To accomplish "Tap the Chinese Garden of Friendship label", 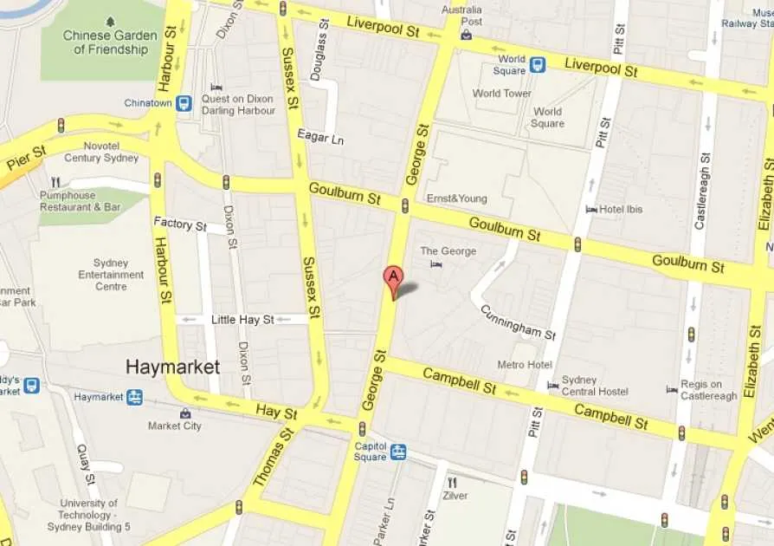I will click(111, 42).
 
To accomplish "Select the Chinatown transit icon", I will click(184, 103).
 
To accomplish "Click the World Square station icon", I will click(538, 64).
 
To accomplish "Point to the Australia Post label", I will click(461, 16).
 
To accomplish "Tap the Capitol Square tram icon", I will click(397, 452).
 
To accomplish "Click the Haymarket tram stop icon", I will click(134, 397).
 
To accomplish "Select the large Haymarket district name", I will click(172, 367).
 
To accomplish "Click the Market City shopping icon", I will click(185, 413).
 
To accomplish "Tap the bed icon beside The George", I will click(436, 263).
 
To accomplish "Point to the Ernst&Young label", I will click(456, 198).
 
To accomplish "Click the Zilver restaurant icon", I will click(451, 482).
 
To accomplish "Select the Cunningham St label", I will click(518, 322).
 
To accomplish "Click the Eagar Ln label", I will click(320, 139).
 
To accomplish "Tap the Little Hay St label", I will click(242, 320).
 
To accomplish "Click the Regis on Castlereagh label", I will click(708, 390).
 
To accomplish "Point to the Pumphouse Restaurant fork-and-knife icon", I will click(56, 182).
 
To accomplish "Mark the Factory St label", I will click(180, 224).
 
